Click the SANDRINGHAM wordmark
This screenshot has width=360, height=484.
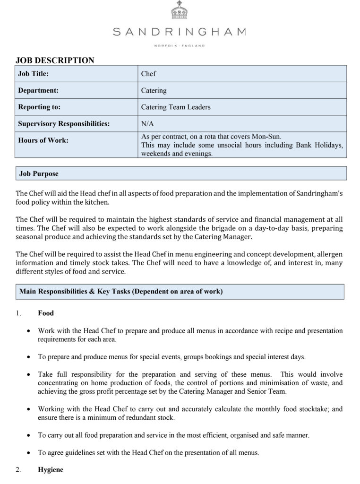(x=179, y=32)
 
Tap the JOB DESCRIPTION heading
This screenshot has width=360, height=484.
(x=55, y=60)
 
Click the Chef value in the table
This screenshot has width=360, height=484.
(x=148, y=74)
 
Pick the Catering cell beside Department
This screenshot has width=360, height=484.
(x=154, y=90)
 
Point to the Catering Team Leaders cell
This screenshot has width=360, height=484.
(x=176, y=107)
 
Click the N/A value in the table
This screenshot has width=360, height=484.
(x=147, y=124)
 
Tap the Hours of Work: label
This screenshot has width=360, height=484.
(x=43, y=140)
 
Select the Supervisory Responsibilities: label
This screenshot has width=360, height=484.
(x=64, y=124)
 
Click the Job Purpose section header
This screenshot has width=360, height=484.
(x=39, y=173)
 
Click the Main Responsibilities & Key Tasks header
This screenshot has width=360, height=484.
(x=121, y=292)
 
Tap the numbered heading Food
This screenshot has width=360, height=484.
(x=46, y=313)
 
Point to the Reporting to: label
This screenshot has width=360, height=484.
(x=39, y=107)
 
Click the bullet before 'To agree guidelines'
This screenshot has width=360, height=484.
(x=29, y=453)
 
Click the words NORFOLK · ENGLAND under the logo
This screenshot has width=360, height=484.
(x=179, y=45)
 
